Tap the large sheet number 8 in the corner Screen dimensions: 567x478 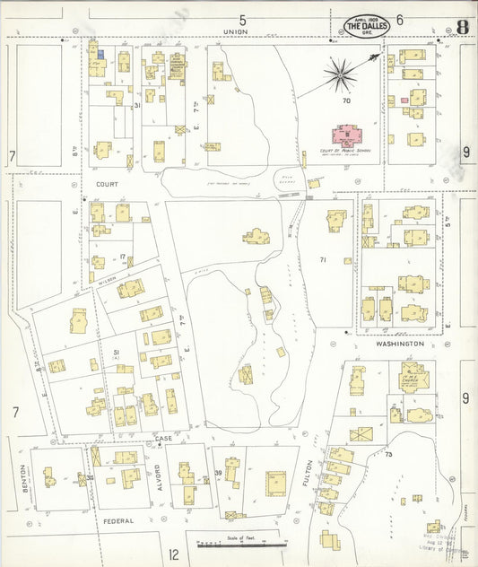(461, 25)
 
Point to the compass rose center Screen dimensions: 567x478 (341, 74)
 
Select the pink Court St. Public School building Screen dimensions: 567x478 (345, 136)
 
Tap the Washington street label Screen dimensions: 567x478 (399, 344)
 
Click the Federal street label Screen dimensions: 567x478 (117, 520)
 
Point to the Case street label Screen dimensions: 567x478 (162, 438)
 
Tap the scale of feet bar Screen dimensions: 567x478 (241, 544)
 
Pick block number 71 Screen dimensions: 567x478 (322, 260)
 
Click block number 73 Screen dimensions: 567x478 (388, 455)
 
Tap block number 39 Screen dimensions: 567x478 (217, 473)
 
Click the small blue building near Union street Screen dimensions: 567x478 (100, 55)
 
